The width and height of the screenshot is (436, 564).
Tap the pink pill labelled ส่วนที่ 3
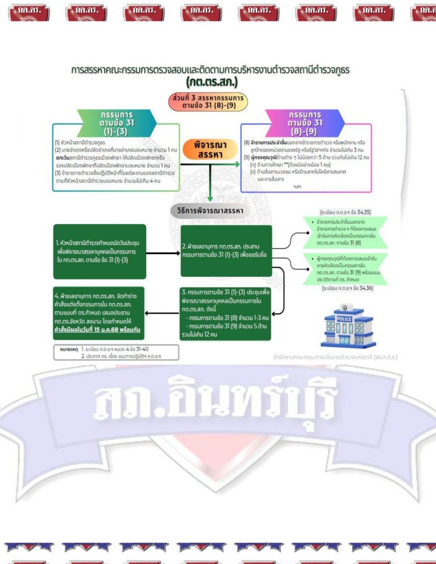pyautogui.click(x=208, y=102)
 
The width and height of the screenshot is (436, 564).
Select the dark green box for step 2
pyautogui.click(x=226, y=251)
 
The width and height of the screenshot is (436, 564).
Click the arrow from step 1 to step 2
pyautogui.click(x=163, y=254)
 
